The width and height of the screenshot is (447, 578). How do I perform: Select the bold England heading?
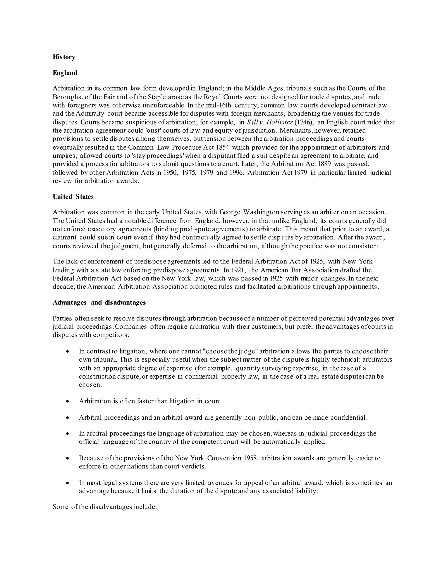[65, 73]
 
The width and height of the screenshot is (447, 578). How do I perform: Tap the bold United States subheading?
[73, 197]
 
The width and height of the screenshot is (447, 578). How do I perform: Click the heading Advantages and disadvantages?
[99, 303]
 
